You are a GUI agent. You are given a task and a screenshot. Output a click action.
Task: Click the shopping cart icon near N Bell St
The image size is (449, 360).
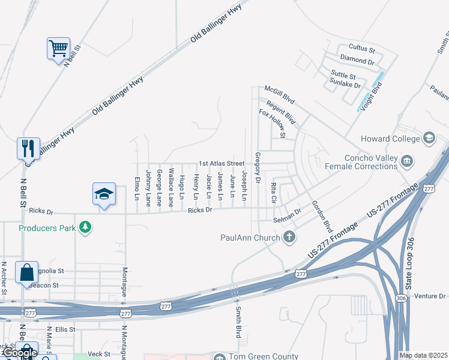(58, 48)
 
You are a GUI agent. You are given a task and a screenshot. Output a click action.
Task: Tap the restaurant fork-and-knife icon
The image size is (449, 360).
(28, 148)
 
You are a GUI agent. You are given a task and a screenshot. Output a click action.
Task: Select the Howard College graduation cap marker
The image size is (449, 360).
(429, 139)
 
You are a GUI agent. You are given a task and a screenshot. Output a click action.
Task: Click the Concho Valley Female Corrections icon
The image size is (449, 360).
(407, 160)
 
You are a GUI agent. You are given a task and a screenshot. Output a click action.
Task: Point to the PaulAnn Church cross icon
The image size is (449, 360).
(289, 237)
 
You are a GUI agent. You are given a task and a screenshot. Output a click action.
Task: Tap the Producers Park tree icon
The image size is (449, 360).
(86, 227)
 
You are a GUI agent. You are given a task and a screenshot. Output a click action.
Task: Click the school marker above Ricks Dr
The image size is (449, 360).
(104, 194)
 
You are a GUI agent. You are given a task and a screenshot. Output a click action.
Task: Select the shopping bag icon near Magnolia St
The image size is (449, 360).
(27, 272)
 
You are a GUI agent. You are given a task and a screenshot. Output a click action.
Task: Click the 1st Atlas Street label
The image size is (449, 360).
(221, 163)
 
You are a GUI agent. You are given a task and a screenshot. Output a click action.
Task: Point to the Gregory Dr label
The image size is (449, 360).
(257, 167)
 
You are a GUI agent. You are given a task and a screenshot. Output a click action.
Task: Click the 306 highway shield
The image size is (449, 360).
(400, 298)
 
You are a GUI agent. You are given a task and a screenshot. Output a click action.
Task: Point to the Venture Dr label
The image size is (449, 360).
(430, 296)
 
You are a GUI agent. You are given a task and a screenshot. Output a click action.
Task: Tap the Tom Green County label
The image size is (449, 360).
(263, 356)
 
